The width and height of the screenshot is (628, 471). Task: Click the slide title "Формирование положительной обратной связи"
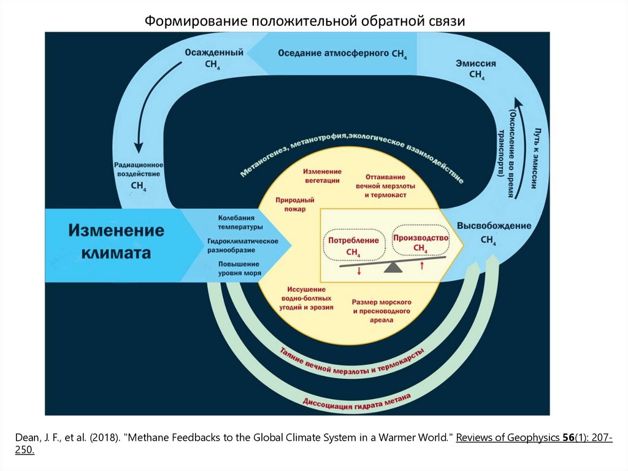(x=305, y=21)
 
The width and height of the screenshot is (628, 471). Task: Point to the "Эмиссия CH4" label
(x=476, y=69)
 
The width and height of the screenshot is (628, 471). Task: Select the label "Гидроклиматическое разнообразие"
(x=243, y=246)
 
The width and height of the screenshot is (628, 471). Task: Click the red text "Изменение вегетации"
(x=323, y=176)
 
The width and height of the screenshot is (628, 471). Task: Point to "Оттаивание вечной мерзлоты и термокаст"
(x=385, y=185)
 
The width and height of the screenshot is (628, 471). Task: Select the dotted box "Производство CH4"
(x=421, y=242)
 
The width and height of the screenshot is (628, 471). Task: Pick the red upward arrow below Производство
(x=422, y=265)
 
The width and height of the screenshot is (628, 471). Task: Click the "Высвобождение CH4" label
(x=489, y=232)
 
